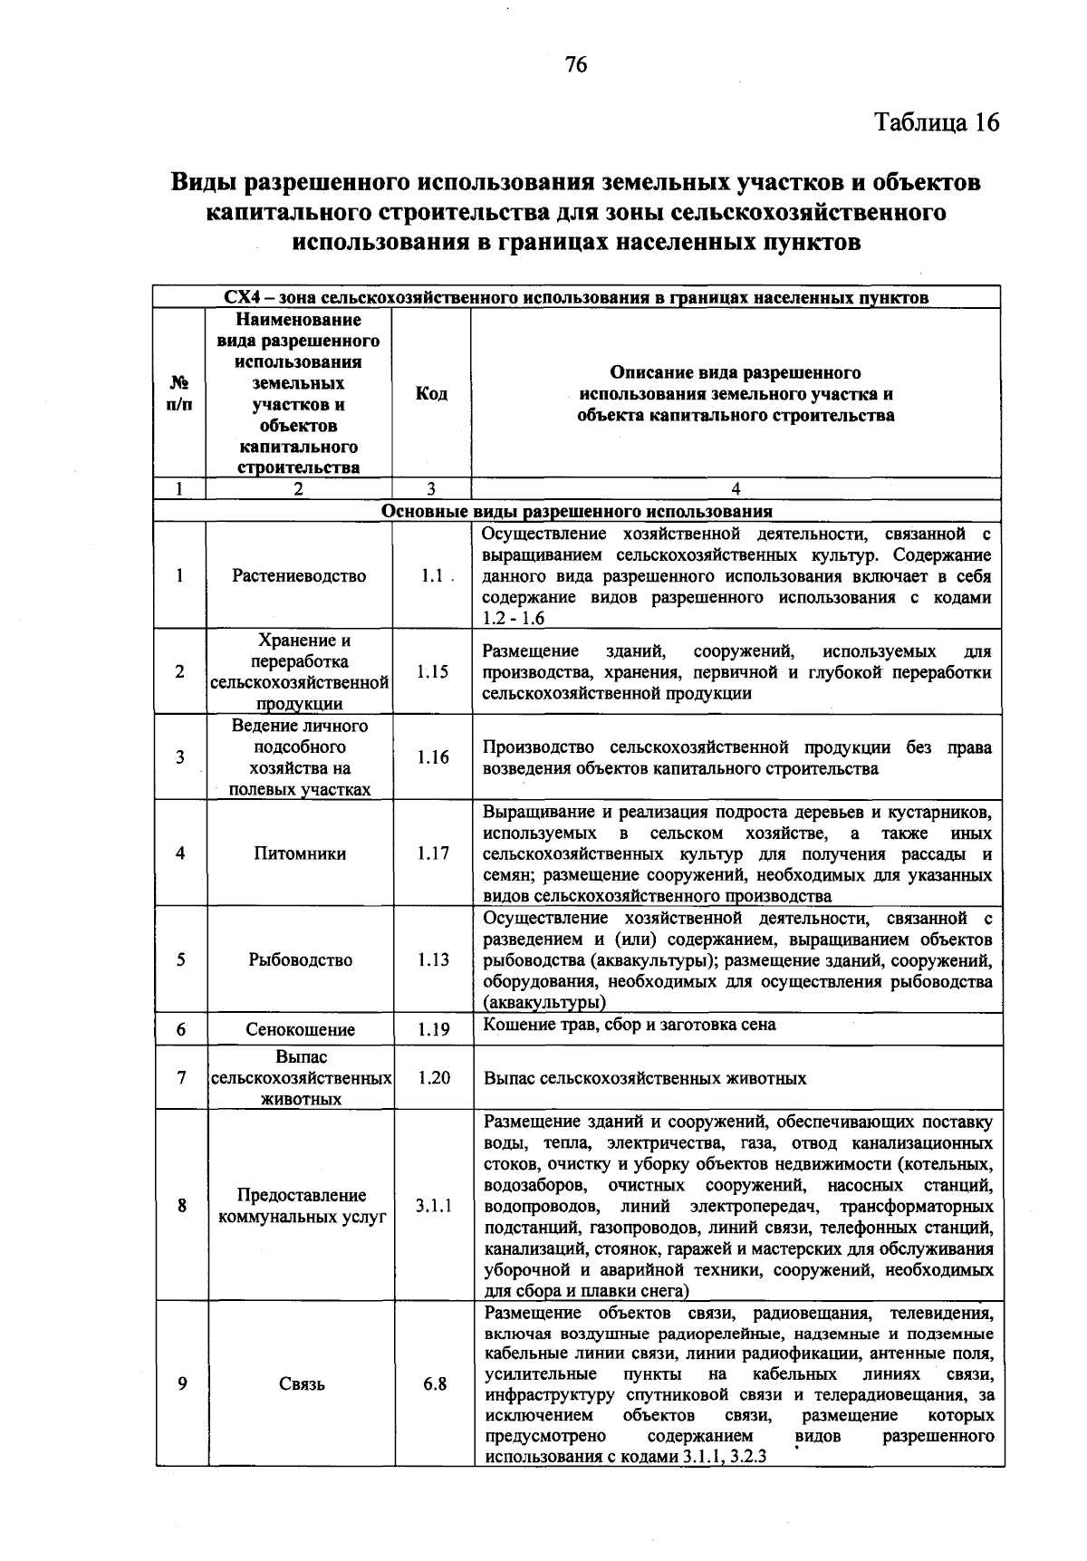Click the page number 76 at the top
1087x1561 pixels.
(x=576, y=64)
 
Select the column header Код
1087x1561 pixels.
(x=431, y=393)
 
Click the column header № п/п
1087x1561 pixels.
(x=179, y=393)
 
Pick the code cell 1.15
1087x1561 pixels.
(x=432, y=672)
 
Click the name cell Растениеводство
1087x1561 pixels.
(x=299, y=576)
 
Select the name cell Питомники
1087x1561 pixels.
(x=299, y=853)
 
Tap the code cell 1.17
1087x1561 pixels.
(x=432, y=853)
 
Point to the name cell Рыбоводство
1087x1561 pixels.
(x=300, y=960)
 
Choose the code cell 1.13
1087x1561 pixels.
(x=433, y=960)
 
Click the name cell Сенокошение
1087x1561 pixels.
(x=300, y=1030)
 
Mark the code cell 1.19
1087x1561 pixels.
(x=433, y=1030)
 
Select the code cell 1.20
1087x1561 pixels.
(x=433, y=1078)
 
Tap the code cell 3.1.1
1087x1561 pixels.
(x=433, y=1206)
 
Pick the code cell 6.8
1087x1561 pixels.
(x=434, y=1384)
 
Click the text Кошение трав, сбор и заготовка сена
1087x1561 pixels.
(x=630, y=1025)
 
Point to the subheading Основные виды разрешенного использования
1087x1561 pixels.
(x=577, y=511)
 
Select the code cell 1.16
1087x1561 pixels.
(x=432, y=757)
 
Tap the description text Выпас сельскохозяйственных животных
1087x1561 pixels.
(x=645, y=1079)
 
